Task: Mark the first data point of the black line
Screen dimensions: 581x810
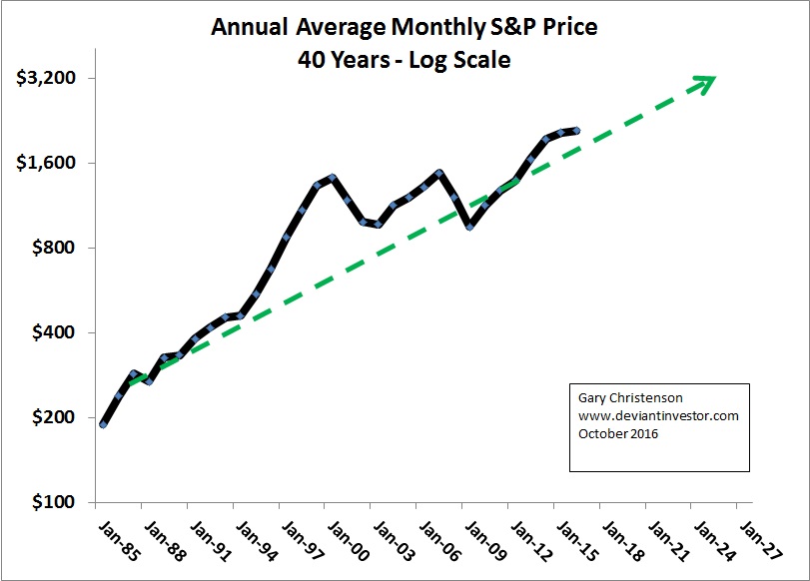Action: click(x=103, y=424)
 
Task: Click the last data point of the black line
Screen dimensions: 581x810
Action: click(x=577, y=130)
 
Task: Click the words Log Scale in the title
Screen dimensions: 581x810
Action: click(x=462, y=60)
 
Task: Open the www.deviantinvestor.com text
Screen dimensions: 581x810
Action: click(x=658, y=416)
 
